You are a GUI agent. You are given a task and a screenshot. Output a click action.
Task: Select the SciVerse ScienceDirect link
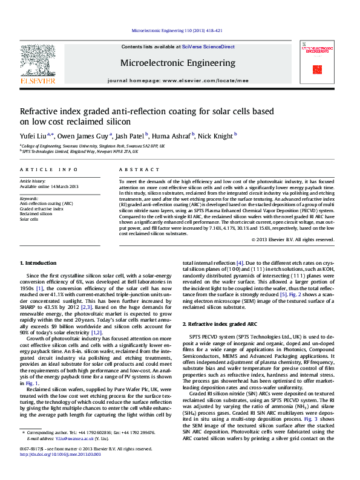click(x=209, y=47)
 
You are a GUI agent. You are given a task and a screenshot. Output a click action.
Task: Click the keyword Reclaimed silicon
click(x=37, y=213)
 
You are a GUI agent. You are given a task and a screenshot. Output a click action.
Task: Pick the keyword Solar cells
click(x=30, y=218)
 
